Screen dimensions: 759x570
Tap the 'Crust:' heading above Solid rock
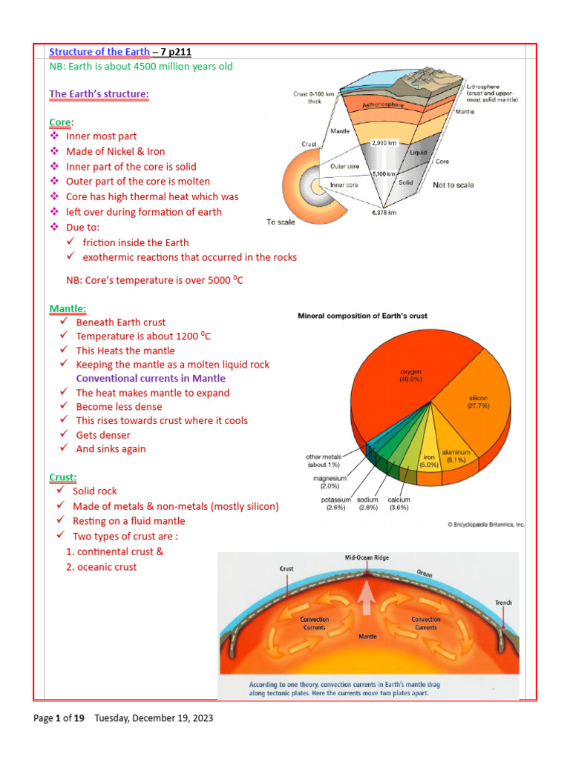click(63, 477)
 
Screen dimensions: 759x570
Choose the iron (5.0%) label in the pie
click(429, 461)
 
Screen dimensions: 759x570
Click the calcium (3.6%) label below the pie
click(399, 504)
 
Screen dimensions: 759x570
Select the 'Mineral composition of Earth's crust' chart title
click(362, 316)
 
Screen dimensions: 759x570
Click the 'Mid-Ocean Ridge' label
click(367, 557)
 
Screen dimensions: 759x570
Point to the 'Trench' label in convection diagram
click(503, 603)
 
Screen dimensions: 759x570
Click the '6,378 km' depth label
click(383, 212)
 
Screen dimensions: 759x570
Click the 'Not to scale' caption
click(453, 185)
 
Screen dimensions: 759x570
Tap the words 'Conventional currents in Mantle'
click(151, 379)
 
